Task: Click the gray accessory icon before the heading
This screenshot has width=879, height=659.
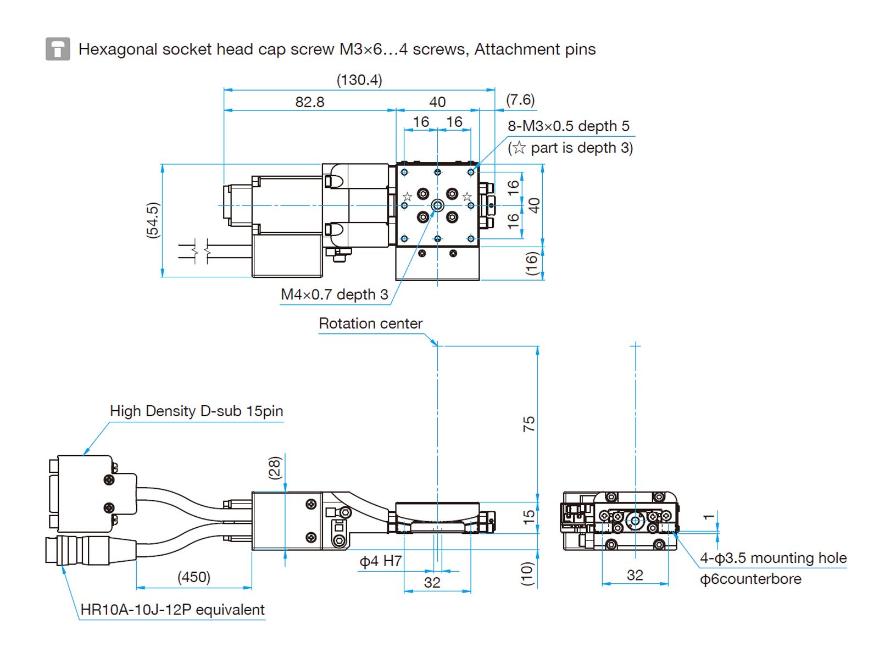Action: pyautogui.click(x=58, y=49)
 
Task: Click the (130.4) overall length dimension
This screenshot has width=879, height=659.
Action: pyautogui.click(x=359, y=80)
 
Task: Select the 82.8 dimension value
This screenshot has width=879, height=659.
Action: pyautogui.click(x=310, y=102)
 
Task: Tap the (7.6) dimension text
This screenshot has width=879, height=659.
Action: pyautogui.click(x=520, y=100)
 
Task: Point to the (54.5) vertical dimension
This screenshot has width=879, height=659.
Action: pyautogui.click(x=153, y=220)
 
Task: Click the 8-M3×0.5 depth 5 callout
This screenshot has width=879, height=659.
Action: pyautogui.click(x=568, y=126)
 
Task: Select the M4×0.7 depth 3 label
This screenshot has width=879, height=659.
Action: pyautogui.click(x=334, y=295)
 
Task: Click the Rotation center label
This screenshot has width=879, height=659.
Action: pyautogui.click(x=370, y=323)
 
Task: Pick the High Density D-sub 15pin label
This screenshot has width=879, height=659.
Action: pyautogui.click(x=196, y=411)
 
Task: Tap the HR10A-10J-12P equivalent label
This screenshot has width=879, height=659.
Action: pyautogui.click(x=172, y=610)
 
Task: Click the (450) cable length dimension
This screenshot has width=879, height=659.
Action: pyautogui.click(x=193, y=577)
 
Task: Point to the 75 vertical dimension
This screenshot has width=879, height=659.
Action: pyautogui.click(x=528, y=423)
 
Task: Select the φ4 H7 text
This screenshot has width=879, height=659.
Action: pyautogui.click(x=381, y=561)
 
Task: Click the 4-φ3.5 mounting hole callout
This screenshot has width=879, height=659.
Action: pyautogui.click(x=773, y=559)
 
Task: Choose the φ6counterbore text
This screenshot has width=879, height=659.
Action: pyautogui.click(x=750, y=579)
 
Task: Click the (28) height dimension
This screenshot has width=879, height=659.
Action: pyautogui.click(x=275, y=468)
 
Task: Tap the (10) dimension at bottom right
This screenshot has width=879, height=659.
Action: pyautogui.click(x=527, y=573)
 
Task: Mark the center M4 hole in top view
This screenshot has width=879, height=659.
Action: pyautogui.click(x=437, y=205)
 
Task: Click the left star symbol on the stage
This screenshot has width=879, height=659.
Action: pyautogui.click(x=407, y=197)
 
